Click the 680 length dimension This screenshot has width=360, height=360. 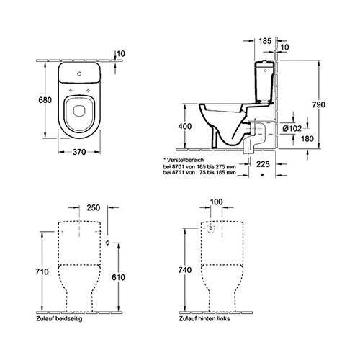45,100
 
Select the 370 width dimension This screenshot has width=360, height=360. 79,152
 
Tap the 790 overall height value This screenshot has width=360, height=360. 319,104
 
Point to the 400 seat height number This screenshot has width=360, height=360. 185,126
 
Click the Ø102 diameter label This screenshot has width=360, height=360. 292,129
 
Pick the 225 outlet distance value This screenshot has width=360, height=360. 263,164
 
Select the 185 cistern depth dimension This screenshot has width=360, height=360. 265,41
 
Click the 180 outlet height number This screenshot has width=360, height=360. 307,138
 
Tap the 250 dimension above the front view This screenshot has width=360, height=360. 94,207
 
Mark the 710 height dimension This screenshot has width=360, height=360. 42,271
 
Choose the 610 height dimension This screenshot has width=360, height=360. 118,277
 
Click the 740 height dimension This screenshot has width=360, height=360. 185,270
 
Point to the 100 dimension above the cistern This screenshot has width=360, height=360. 216,202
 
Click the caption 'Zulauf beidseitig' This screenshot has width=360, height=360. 59,319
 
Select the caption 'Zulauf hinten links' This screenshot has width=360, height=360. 204,318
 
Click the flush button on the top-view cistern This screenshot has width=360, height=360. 79,73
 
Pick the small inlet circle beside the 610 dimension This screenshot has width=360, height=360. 107,243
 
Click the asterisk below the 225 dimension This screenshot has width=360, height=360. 262,175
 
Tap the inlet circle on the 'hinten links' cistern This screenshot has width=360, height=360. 210,228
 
